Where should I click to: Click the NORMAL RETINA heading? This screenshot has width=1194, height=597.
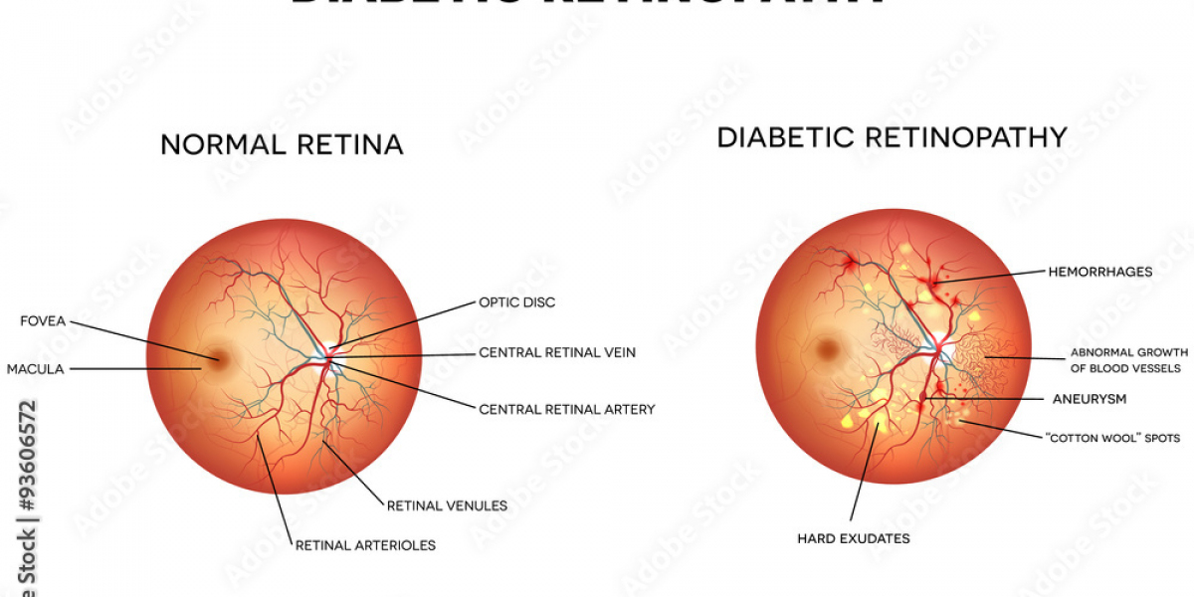(282, 144)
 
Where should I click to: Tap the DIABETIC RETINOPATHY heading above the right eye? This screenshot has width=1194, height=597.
(893, 137)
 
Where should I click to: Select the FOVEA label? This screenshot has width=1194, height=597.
(43, 320)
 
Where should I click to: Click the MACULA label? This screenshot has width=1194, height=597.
(35, 369)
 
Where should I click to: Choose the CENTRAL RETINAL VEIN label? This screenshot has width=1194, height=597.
(557, 352)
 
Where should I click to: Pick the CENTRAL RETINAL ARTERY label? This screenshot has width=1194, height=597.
(566, 409)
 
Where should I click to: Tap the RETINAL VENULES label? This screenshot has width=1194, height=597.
(447, 505)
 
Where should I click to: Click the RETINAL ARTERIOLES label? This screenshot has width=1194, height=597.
(365, 544)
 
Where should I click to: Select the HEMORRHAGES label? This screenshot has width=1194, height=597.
(1099, 271)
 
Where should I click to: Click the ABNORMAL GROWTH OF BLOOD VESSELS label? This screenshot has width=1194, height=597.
(1128, 360)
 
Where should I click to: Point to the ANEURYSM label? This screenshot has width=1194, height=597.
(1090, 398)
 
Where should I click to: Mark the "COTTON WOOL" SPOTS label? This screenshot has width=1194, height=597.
(1111, 438)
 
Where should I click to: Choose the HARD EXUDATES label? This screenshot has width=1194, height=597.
(853, 539)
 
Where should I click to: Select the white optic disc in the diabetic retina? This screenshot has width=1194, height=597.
(946, 350)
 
